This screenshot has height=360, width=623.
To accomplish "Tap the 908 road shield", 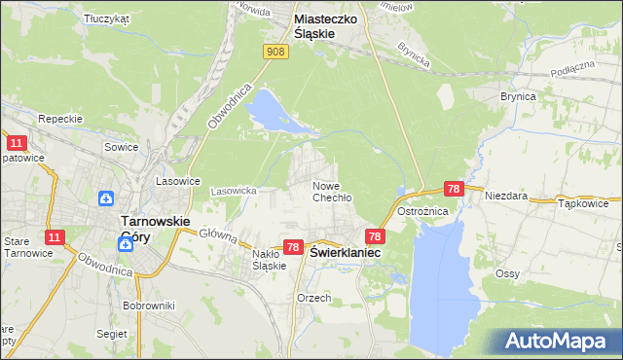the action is coord(275,52).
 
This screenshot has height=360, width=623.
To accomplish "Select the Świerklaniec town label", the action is coord(345,251).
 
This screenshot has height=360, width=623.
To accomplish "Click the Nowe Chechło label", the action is coord(331,191).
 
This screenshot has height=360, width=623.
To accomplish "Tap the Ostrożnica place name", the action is coord(449,211).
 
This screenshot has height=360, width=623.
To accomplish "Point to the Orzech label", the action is coord(314,298).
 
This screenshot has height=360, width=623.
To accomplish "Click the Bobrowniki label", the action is coord(148,306).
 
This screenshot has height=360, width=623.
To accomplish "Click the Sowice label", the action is coord(121,147).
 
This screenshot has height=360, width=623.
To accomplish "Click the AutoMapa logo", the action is coord(553,342).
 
